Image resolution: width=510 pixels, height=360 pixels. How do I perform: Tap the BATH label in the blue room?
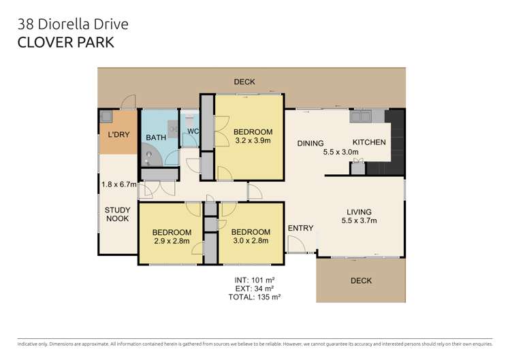(x=155, y=138)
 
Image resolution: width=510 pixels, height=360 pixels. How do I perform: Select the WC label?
(x=193, y=131)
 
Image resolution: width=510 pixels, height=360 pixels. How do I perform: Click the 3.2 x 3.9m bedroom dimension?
(x=253, y=142)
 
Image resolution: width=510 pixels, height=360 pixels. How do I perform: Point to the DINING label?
(x=310, y=143)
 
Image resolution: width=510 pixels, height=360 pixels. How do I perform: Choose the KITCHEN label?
(x=369, y=143)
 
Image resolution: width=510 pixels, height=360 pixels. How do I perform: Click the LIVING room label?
(x=359, y=211)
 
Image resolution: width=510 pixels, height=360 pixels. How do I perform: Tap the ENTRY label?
(x=300, y=228)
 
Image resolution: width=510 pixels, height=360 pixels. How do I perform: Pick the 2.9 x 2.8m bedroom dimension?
(x=172, y=241)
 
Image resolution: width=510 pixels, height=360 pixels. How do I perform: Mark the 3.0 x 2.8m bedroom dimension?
(x=250, y=240)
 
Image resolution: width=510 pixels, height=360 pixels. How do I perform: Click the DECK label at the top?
(x=244, y=82)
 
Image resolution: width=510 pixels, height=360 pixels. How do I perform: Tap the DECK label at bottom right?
(x=361, y=280)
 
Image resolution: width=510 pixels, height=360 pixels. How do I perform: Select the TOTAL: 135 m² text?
(x=257, y=297)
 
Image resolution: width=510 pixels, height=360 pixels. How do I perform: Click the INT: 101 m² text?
(x=257, y=280)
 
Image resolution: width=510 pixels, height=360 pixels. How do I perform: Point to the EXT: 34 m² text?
(x=257, y=289)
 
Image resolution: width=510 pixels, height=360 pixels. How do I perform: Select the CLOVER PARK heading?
(x=65, y=42)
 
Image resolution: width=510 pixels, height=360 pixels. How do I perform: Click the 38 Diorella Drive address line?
(x=72, y=24)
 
